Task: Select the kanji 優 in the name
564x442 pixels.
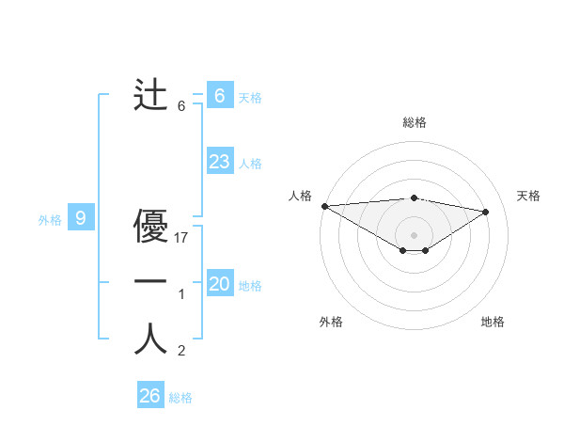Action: (x=151, y=228)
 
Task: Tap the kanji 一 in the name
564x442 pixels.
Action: (x=151, y=281)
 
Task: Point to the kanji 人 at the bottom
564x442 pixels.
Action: (x=151, y=339)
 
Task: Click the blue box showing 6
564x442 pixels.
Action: (x=219, y=95)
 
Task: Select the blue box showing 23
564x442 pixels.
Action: (x=219, y=162)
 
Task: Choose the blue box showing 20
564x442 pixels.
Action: (x=219, y=284)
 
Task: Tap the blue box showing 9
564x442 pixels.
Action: (x=81, y=218)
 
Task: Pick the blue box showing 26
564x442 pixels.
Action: (x=149, y=396)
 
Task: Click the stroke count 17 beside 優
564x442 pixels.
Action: (x=182, y=238)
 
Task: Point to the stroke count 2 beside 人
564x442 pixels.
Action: (x=181, y=352)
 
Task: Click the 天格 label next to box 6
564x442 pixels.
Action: (x=250, y=97)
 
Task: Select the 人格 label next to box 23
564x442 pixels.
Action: (x=250, y=164)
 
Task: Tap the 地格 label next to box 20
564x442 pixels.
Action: (x=250, y=286)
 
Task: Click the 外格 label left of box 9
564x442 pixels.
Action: (x=50, y=220)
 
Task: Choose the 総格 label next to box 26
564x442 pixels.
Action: (x=180, y=398)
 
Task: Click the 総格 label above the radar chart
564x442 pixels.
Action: (x=414, y=123)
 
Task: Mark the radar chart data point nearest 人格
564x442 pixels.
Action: (x=324, y=206)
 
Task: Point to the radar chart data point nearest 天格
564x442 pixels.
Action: (x=486, y=212)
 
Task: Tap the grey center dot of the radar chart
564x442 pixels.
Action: (x=414, y=234)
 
